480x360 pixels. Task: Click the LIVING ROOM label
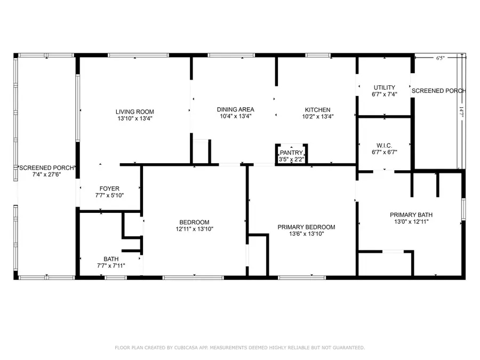(x=134, y=111)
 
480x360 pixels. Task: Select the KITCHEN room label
(x=317, y=109)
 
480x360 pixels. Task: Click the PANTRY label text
(x=291, y=153)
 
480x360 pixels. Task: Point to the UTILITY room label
(x=384, y=87)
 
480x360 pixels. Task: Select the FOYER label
(x=109, y=188)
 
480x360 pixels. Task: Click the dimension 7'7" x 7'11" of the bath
(x=111, y=266)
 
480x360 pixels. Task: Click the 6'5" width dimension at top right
(x=440, y=59)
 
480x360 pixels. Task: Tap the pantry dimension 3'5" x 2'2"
(x=291, y=159)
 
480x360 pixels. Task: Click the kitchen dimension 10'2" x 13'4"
(x=317, y=116)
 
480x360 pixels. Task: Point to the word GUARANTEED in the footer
(x=347, y=348)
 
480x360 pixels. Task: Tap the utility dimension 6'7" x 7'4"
(x=384, y=94)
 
